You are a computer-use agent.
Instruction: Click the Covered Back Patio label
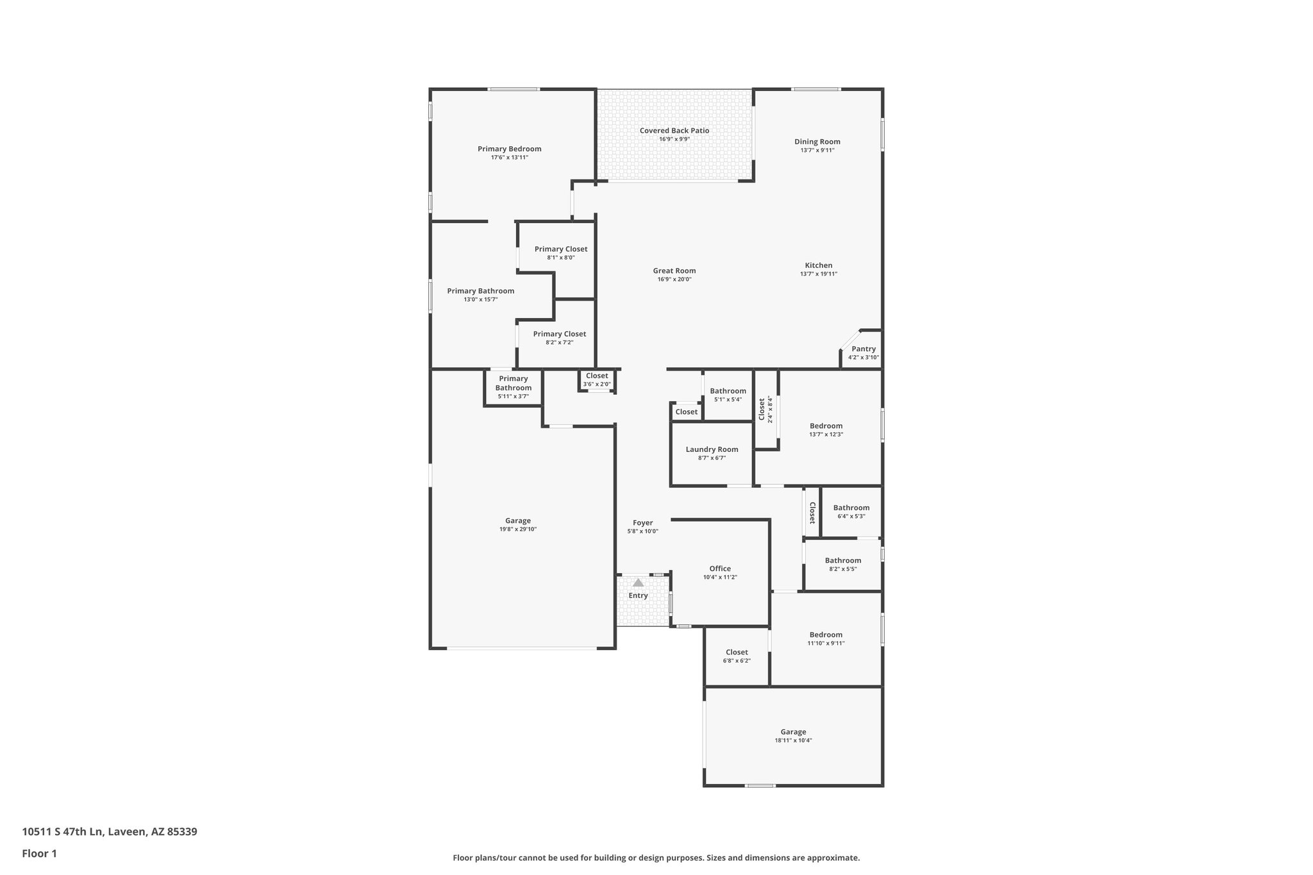click(674, 131)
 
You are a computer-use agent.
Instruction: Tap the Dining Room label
click(817, 142)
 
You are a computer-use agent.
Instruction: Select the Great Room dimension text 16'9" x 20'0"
click(674, 279)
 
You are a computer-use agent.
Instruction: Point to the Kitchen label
click(819, 265)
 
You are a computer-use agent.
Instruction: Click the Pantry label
click(864, 349)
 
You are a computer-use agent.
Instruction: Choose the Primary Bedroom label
click(509, 149)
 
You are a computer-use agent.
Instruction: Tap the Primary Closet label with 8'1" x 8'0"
click(560, 249)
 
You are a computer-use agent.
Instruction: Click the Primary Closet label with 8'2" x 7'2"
click(559, 334)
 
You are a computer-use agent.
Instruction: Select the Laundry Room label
click(712, 449)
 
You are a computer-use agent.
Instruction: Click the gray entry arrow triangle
click(638, 583)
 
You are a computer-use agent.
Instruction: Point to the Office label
click(720, 569)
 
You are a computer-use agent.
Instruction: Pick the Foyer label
click(642, 523)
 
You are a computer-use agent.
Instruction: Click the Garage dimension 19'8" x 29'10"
click(518, 529)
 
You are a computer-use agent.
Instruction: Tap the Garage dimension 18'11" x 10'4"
click(793, 740)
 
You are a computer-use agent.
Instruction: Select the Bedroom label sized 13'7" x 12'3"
click(826, 426)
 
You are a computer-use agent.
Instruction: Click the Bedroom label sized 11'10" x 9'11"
click(826, 635)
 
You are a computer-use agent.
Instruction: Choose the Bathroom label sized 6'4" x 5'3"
click(851, 508)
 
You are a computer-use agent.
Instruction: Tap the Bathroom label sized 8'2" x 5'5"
click(842, 560)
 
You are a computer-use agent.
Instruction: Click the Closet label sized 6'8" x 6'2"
click(737, 652)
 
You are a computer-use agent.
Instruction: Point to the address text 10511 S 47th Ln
click(62, 831)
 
